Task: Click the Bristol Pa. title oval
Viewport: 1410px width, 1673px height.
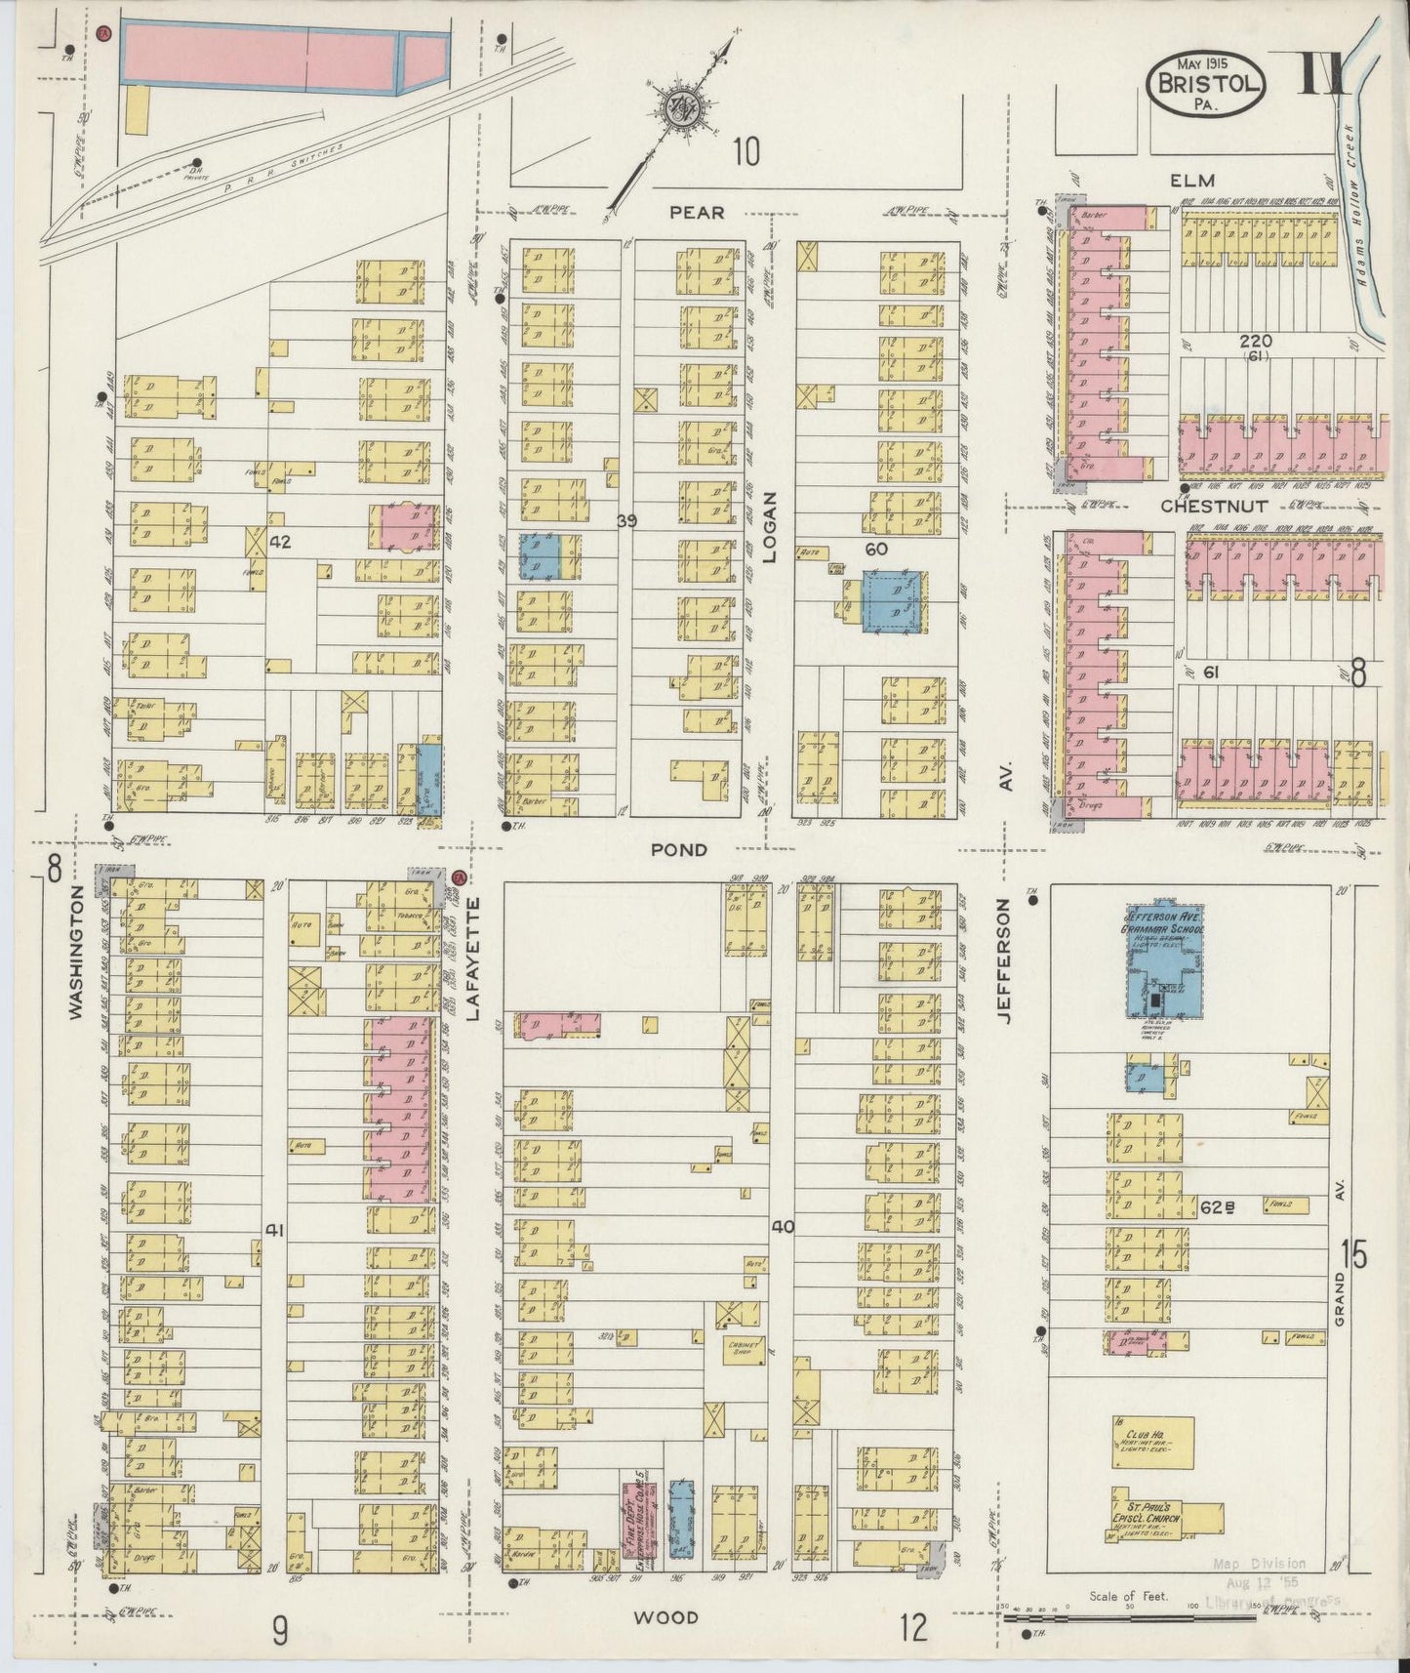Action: click(1207, 85)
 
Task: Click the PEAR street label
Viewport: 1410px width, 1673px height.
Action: click(697, 212)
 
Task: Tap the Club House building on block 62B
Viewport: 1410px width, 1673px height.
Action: click(1152, 1441)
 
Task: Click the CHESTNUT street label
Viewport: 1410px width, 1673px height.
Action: click(1214, 507)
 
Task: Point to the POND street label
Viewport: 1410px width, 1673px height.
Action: click(679, 850)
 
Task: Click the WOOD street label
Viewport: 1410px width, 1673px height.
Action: click(665, 1617)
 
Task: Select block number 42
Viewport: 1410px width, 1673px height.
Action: click(281, 541)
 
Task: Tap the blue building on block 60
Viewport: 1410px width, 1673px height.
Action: click(892, 600)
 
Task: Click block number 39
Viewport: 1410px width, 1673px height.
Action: click(626, 521)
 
